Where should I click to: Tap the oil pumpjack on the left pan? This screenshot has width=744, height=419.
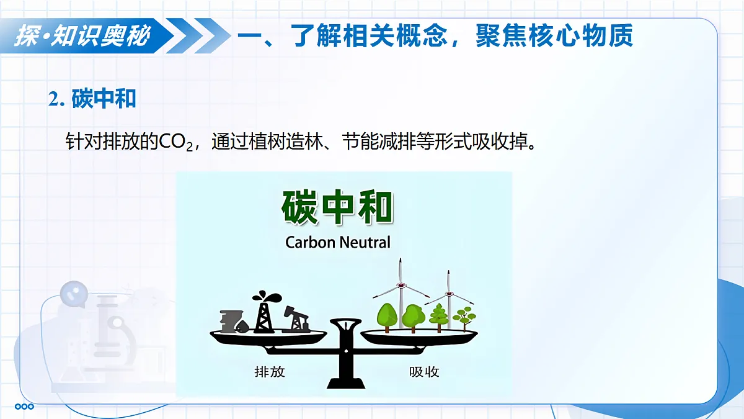click(296, 320)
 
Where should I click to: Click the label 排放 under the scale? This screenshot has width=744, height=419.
click(270, 372)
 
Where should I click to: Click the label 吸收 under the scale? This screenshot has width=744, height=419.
click(424, 372)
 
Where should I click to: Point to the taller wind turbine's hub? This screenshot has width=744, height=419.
click(402, 285)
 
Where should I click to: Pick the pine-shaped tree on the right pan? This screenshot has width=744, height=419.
click(439, 317)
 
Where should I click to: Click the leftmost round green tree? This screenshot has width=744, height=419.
click(387, 315)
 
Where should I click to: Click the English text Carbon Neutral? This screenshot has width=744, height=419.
click(338, 242)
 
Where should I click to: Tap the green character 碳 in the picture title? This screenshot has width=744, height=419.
click(301, 207)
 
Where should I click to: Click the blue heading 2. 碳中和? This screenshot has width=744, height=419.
click(92, 99)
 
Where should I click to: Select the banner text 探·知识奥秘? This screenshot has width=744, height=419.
click(82, 36)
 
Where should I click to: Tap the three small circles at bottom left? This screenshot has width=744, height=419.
click(24, 407)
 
